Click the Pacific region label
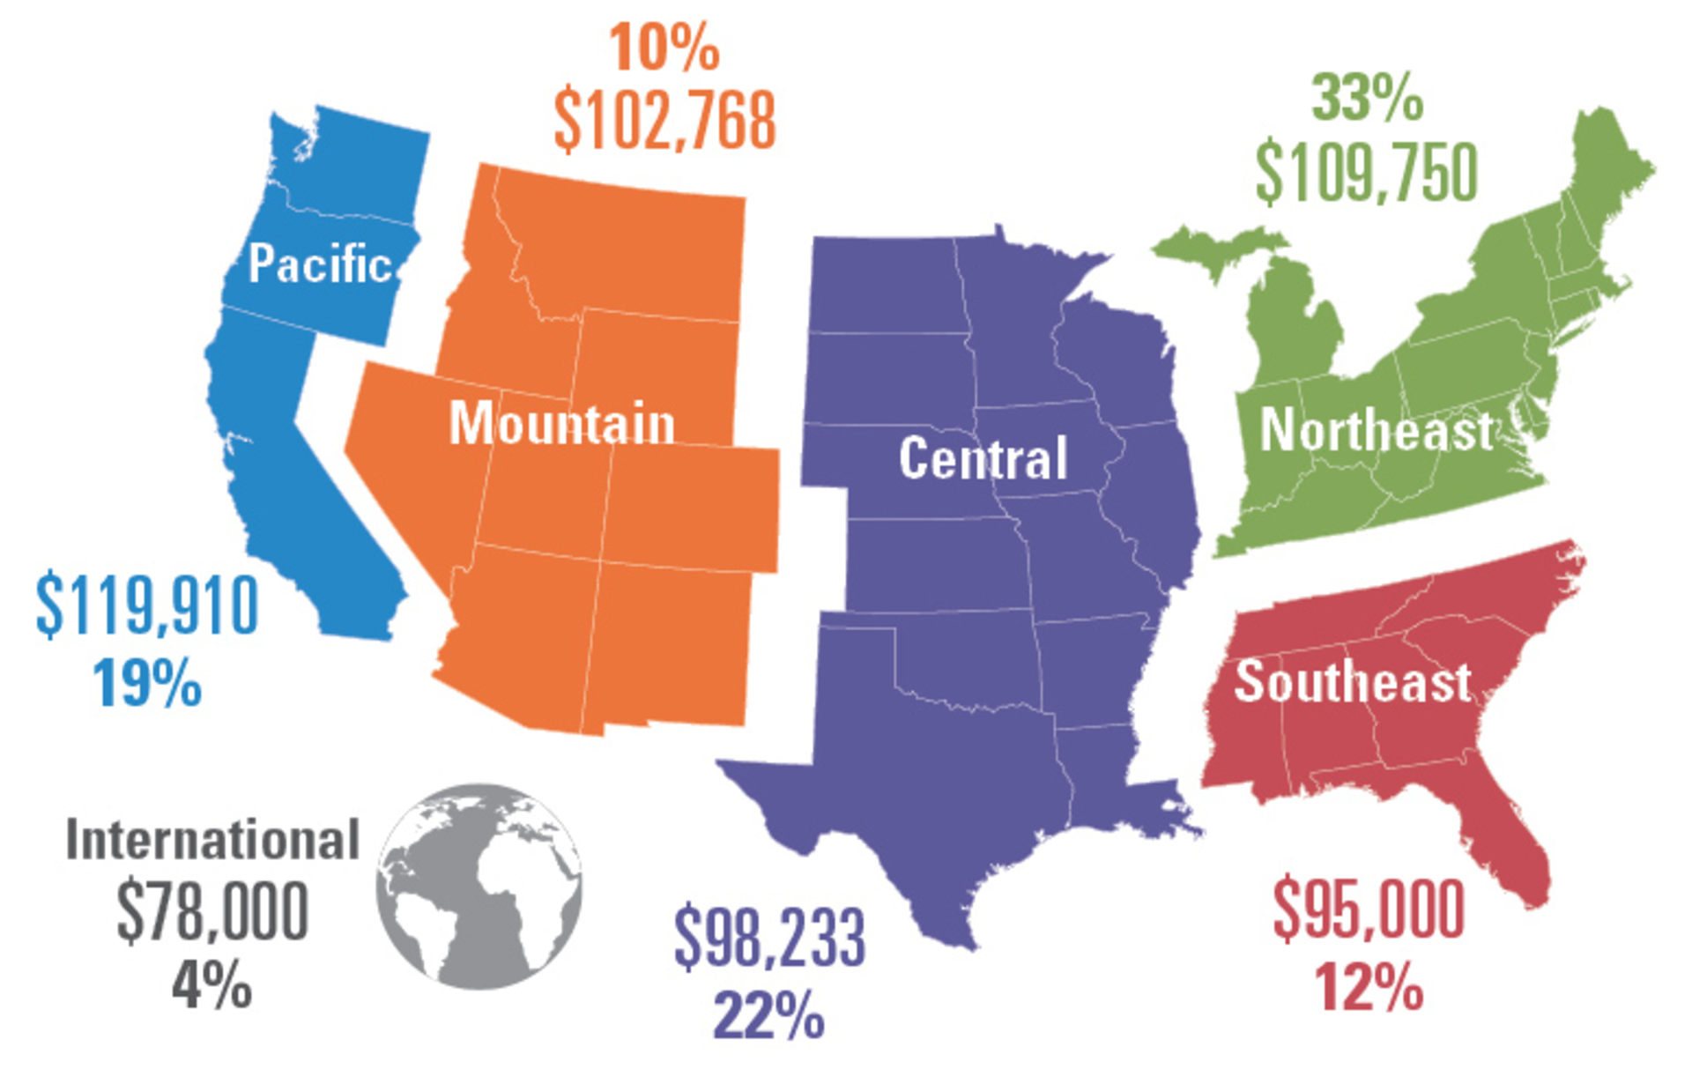pyautogui.click(x=319, y=264)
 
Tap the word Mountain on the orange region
pyautogui.click(x=561, y=424)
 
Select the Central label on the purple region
pyautogui.click(x=983, y=458)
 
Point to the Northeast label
pyautogui.click(x=1376, y=430)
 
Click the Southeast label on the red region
pyautogui.click(x=1352, y=682)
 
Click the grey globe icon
pyautogui.click(x=479, y=886)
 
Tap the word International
pyautogui.click(x=212, y=840)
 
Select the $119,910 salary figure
pyautogui.click(x=147, y=605)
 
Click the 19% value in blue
pyautogui.click(x=147, y=683)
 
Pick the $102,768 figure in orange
pyautogui.click(x=664, y=120)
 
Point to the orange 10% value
pyautogui.click(x=664, y=48)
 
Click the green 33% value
pyautogui.click(x=1367, y=98)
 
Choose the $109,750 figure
pyautogui.click(x=1366, y=173)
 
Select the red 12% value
pyautogui.click(x=1369, y=987)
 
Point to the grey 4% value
pyautogui.click(x=211, y=985)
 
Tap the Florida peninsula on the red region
pyautogui.click(x=1507, y=846)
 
